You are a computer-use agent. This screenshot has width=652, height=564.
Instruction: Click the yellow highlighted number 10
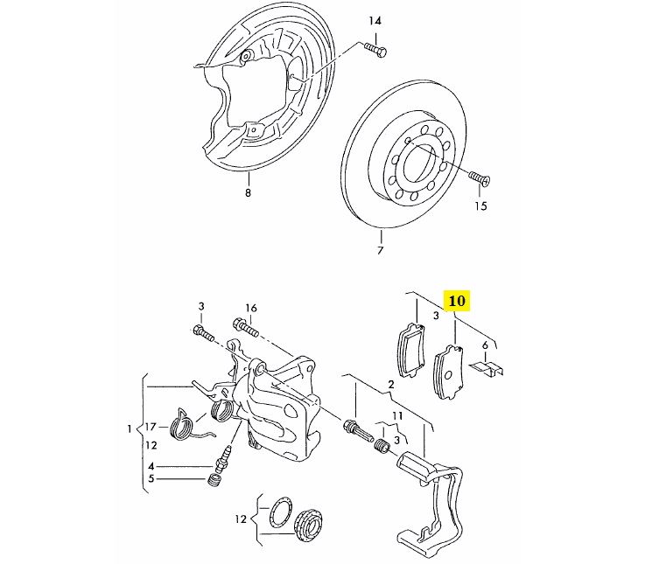457,300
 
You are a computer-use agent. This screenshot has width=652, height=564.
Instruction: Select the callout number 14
375,21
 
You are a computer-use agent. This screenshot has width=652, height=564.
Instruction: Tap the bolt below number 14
376,50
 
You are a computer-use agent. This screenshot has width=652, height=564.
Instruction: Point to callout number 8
248,192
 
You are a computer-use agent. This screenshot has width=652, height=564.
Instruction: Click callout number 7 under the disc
380,250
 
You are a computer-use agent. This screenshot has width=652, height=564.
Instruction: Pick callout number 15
480,206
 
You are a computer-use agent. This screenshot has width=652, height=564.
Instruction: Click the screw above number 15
480,178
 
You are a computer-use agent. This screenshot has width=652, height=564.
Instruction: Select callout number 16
251,308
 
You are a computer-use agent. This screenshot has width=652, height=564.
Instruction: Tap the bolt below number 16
246,327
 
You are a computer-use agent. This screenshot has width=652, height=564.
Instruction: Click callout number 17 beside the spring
151,427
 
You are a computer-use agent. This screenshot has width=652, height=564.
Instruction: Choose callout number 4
151,466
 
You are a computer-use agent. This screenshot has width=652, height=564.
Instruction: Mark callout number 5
151,479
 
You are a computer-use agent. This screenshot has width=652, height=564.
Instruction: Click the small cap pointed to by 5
214,479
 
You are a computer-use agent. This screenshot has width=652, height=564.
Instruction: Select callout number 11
397,415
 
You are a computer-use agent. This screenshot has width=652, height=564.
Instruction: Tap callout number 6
485,345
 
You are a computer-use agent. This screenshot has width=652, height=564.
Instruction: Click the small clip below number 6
487,367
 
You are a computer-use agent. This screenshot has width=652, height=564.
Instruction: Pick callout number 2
391,384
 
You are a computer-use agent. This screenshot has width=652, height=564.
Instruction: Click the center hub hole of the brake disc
421,161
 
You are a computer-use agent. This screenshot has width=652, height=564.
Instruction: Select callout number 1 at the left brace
130,429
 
